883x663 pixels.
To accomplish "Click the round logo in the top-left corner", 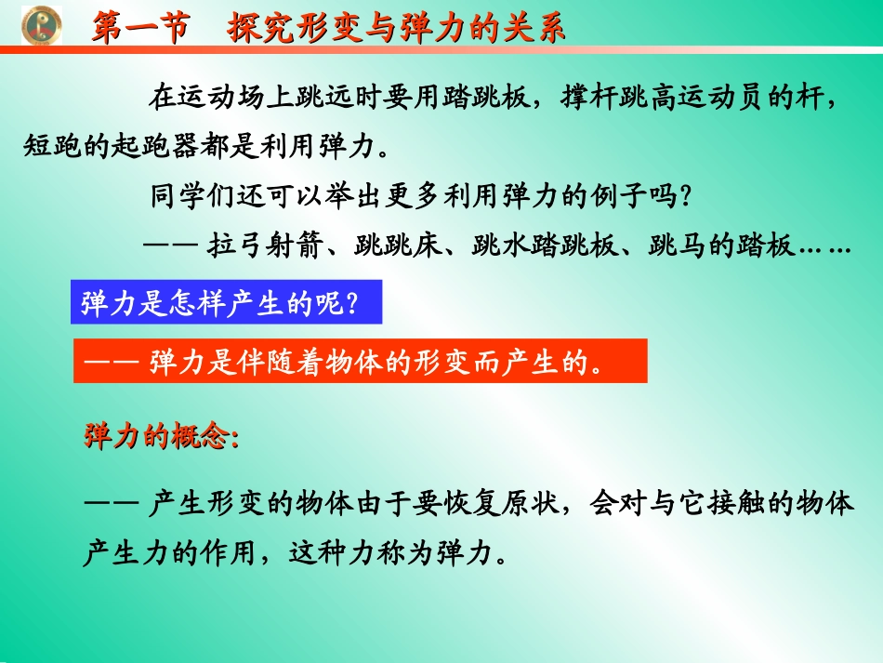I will click(x=41, y=25).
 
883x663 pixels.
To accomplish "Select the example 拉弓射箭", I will click(x=260, y=246).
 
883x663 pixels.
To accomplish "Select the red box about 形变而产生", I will click(x=360, y=361).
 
